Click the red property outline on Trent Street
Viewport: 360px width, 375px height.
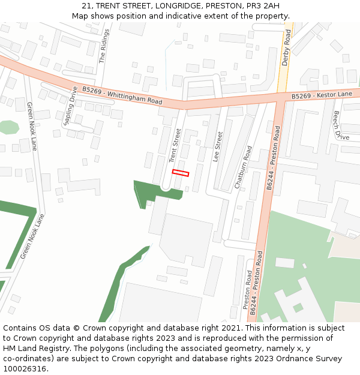click(x=181, y=173)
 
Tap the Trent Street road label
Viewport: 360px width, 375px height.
click(x=175, y=146)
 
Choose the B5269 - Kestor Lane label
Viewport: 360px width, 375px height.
click(x=322, y=95)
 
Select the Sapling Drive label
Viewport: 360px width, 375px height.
click(x=70, y=106)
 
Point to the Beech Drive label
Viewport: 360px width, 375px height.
click(x=340, y=125)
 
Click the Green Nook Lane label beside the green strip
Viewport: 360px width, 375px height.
click(x=32, y=236)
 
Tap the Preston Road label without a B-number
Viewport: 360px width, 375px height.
click(x=247, y=290)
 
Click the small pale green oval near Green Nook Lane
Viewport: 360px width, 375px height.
click(x=8, y=127)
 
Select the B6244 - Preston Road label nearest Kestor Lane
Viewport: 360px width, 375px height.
click(x=274, y=158)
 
